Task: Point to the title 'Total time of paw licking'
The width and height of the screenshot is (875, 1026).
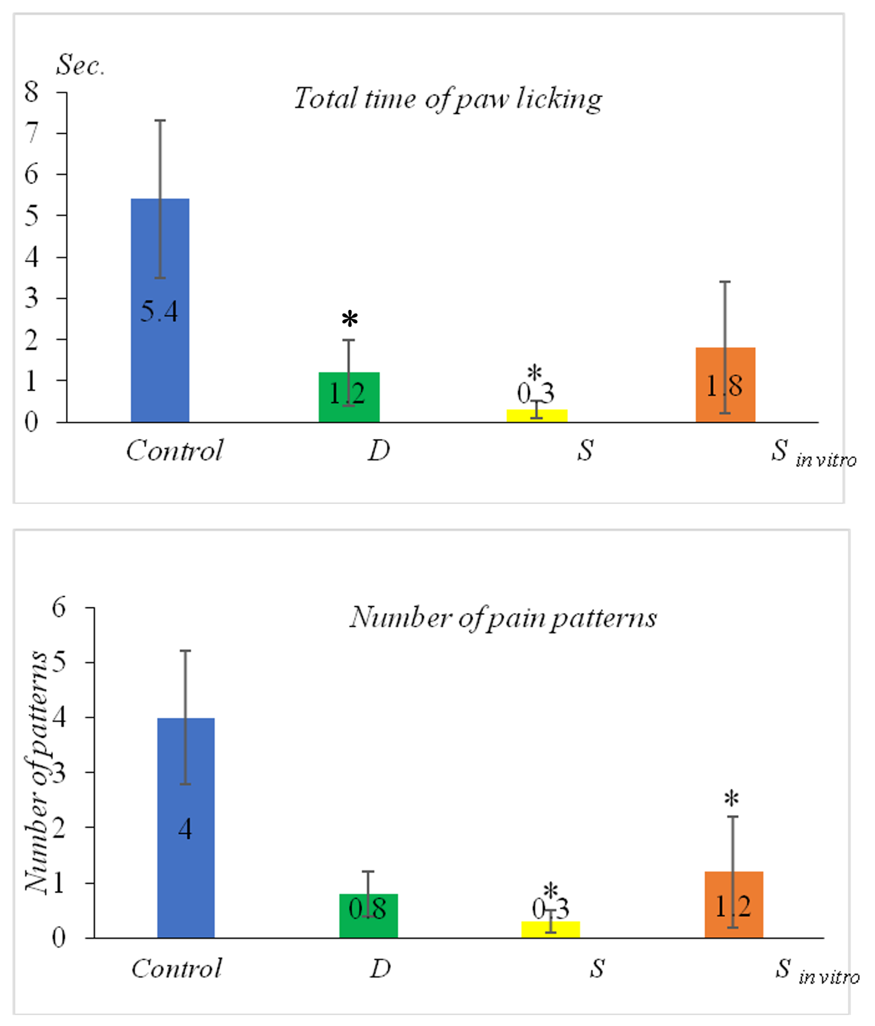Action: coord(448,99)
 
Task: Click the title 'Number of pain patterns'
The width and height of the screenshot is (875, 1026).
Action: coord(503,617)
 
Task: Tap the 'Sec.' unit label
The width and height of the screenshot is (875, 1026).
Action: coord(80,65)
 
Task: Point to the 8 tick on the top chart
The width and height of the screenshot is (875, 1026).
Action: coord(31,92)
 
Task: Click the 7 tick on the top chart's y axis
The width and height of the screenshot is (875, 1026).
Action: coord(31,133)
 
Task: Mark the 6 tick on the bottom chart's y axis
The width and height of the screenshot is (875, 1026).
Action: coord(59,608)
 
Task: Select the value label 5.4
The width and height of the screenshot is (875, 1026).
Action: coord(159,312)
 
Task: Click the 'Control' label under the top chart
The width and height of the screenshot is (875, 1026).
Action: coord(175,451)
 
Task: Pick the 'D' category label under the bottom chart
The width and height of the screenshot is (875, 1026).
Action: coord(380,969)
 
